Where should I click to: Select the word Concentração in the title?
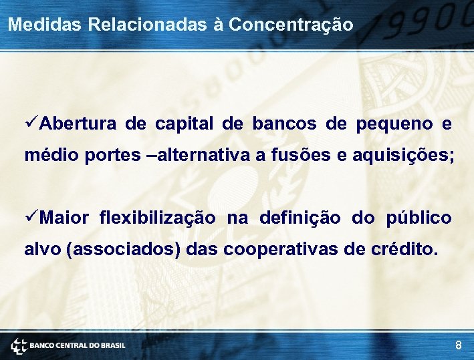point(291,25)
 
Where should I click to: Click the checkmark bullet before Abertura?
point(31,124)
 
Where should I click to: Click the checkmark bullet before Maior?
point(31,218)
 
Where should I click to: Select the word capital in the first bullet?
point(184,125)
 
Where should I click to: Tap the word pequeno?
point(394,125)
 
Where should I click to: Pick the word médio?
point(52,156)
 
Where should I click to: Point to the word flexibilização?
point(157,218)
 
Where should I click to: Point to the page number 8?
point(458,345)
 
